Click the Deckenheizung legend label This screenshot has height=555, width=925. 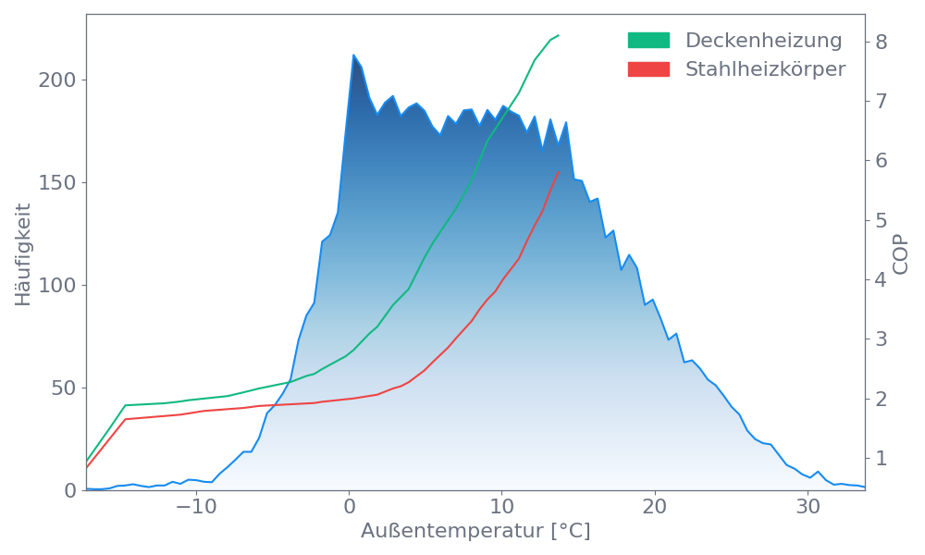[x=763, y=41]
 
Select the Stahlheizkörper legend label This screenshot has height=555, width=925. [x=765, y=69]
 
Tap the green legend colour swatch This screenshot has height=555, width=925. [x=648, y=41]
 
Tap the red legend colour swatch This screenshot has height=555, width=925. [x=648, y=69]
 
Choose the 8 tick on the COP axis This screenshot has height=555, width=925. [x=882, y=42]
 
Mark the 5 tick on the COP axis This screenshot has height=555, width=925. [x=882, y=220]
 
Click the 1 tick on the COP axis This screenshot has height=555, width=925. [x=882, y=458]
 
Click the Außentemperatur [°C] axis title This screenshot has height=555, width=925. [x=475, y=532]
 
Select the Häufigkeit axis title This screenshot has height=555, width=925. [x=23, y=254]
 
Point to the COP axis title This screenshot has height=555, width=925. [x=902, y=253]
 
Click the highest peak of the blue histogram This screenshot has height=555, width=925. [x=353, y=55]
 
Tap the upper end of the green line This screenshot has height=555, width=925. [x=559, y=35]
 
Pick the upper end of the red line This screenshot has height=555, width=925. [x=559, y=171]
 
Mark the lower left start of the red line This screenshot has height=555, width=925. [x=87, y=467]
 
